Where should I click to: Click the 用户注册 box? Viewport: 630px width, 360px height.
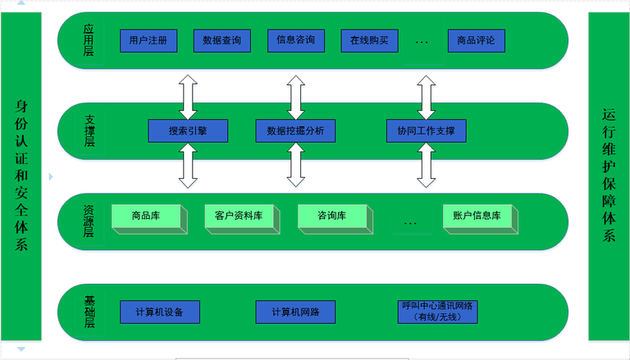point(148,40)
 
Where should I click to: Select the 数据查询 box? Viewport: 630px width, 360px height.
point(221,40)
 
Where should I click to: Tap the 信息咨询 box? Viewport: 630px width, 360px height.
point(295,40)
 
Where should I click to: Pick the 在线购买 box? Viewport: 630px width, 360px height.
point(368,40)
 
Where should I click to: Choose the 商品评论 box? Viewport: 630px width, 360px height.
point(477,40)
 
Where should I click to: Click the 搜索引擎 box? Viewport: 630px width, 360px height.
point(188,130)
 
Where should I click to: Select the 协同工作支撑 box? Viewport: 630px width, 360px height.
point(426,130)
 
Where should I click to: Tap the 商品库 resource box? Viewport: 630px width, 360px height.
point(144,216)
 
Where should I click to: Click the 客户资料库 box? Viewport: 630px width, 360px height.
point(238,216)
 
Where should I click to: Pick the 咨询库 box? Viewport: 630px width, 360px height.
point(331,216)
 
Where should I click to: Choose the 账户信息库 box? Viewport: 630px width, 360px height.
point(477,216)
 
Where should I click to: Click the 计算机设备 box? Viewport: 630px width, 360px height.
point(159,312)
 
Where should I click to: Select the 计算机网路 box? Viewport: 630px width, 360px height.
point(295,312)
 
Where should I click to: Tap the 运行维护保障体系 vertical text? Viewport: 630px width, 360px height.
point(608,175)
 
